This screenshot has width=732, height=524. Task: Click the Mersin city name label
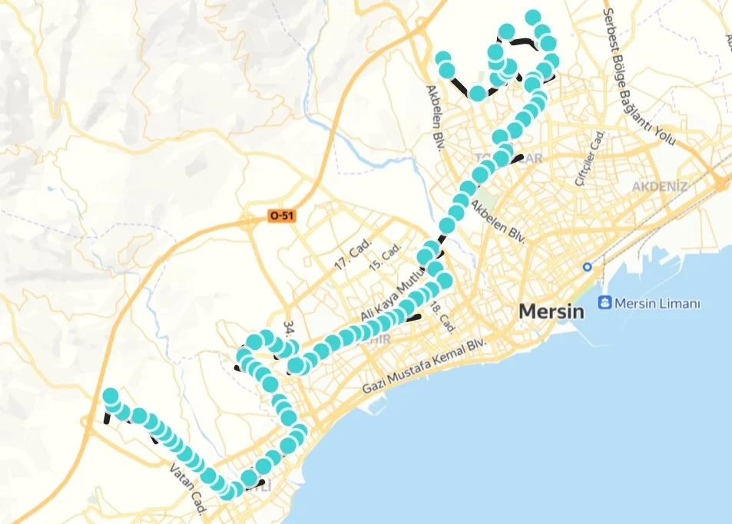551,311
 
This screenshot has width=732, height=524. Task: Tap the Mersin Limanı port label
660,304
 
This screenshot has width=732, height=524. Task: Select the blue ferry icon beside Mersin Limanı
604,303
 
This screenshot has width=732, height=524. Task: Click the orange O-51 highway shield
281,217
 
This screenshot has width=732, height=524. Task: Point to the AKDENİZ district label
660,186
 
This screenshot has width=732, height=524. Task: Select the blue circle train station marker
588,267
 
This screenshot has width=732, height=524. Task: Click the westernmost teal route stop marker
111,397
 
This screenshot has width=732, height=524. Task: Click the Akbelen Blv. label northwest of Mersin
498,222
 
